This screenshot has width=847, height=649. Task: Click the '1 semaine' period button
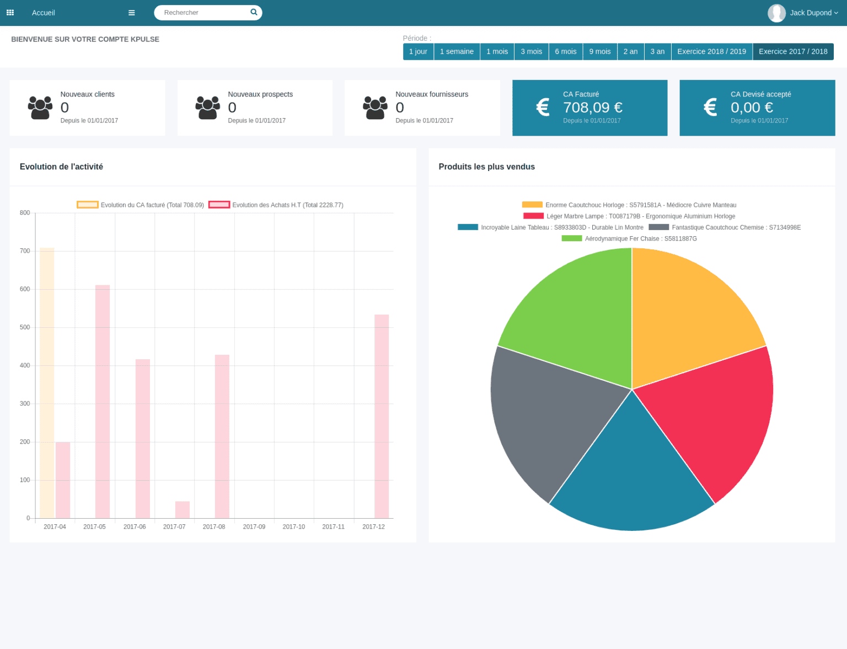click(x=457, y=51)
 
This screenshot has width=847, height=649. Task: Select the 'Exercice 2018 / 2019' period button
click(x=711, y=51)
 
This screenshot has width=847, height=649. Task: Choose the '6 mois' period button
click(x=565, y=51)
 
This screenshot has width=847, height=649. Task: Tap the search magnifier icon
click(x=254, y=12)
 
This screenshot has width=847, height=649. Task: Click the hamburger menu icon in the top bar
click(x=131, y=13)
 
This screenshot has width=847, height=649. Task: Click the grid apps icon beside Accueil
click(x=10, y=13)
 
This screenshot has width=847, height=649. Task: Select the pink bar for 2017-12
click(x=382, y=416)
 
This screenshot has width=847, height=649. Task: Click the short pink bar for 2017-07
click(x=183, y=510)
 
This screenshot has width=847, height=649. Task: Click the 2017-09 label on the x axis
click(x=254, y=527)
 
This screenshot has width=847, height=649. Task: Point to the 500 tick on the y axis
click(x=25, y=327)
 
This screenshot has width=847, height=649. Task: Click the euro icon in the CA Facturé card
click(x=543, y=107)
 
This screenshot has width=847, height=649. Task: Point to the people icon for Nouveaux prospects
click(x=207, y=108)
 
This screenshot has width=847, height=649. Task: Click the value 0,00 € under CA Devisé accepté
click(x=752, y=108)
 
